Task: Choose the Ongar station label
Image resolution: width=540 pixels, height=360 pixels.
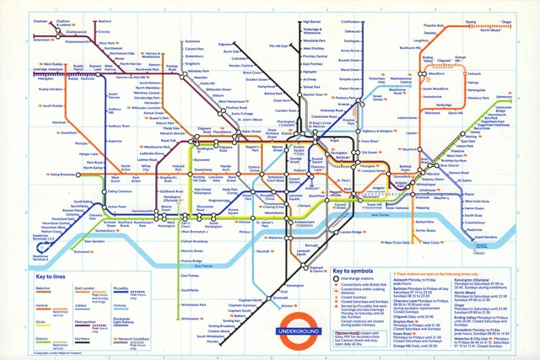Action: coord(509,22)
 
